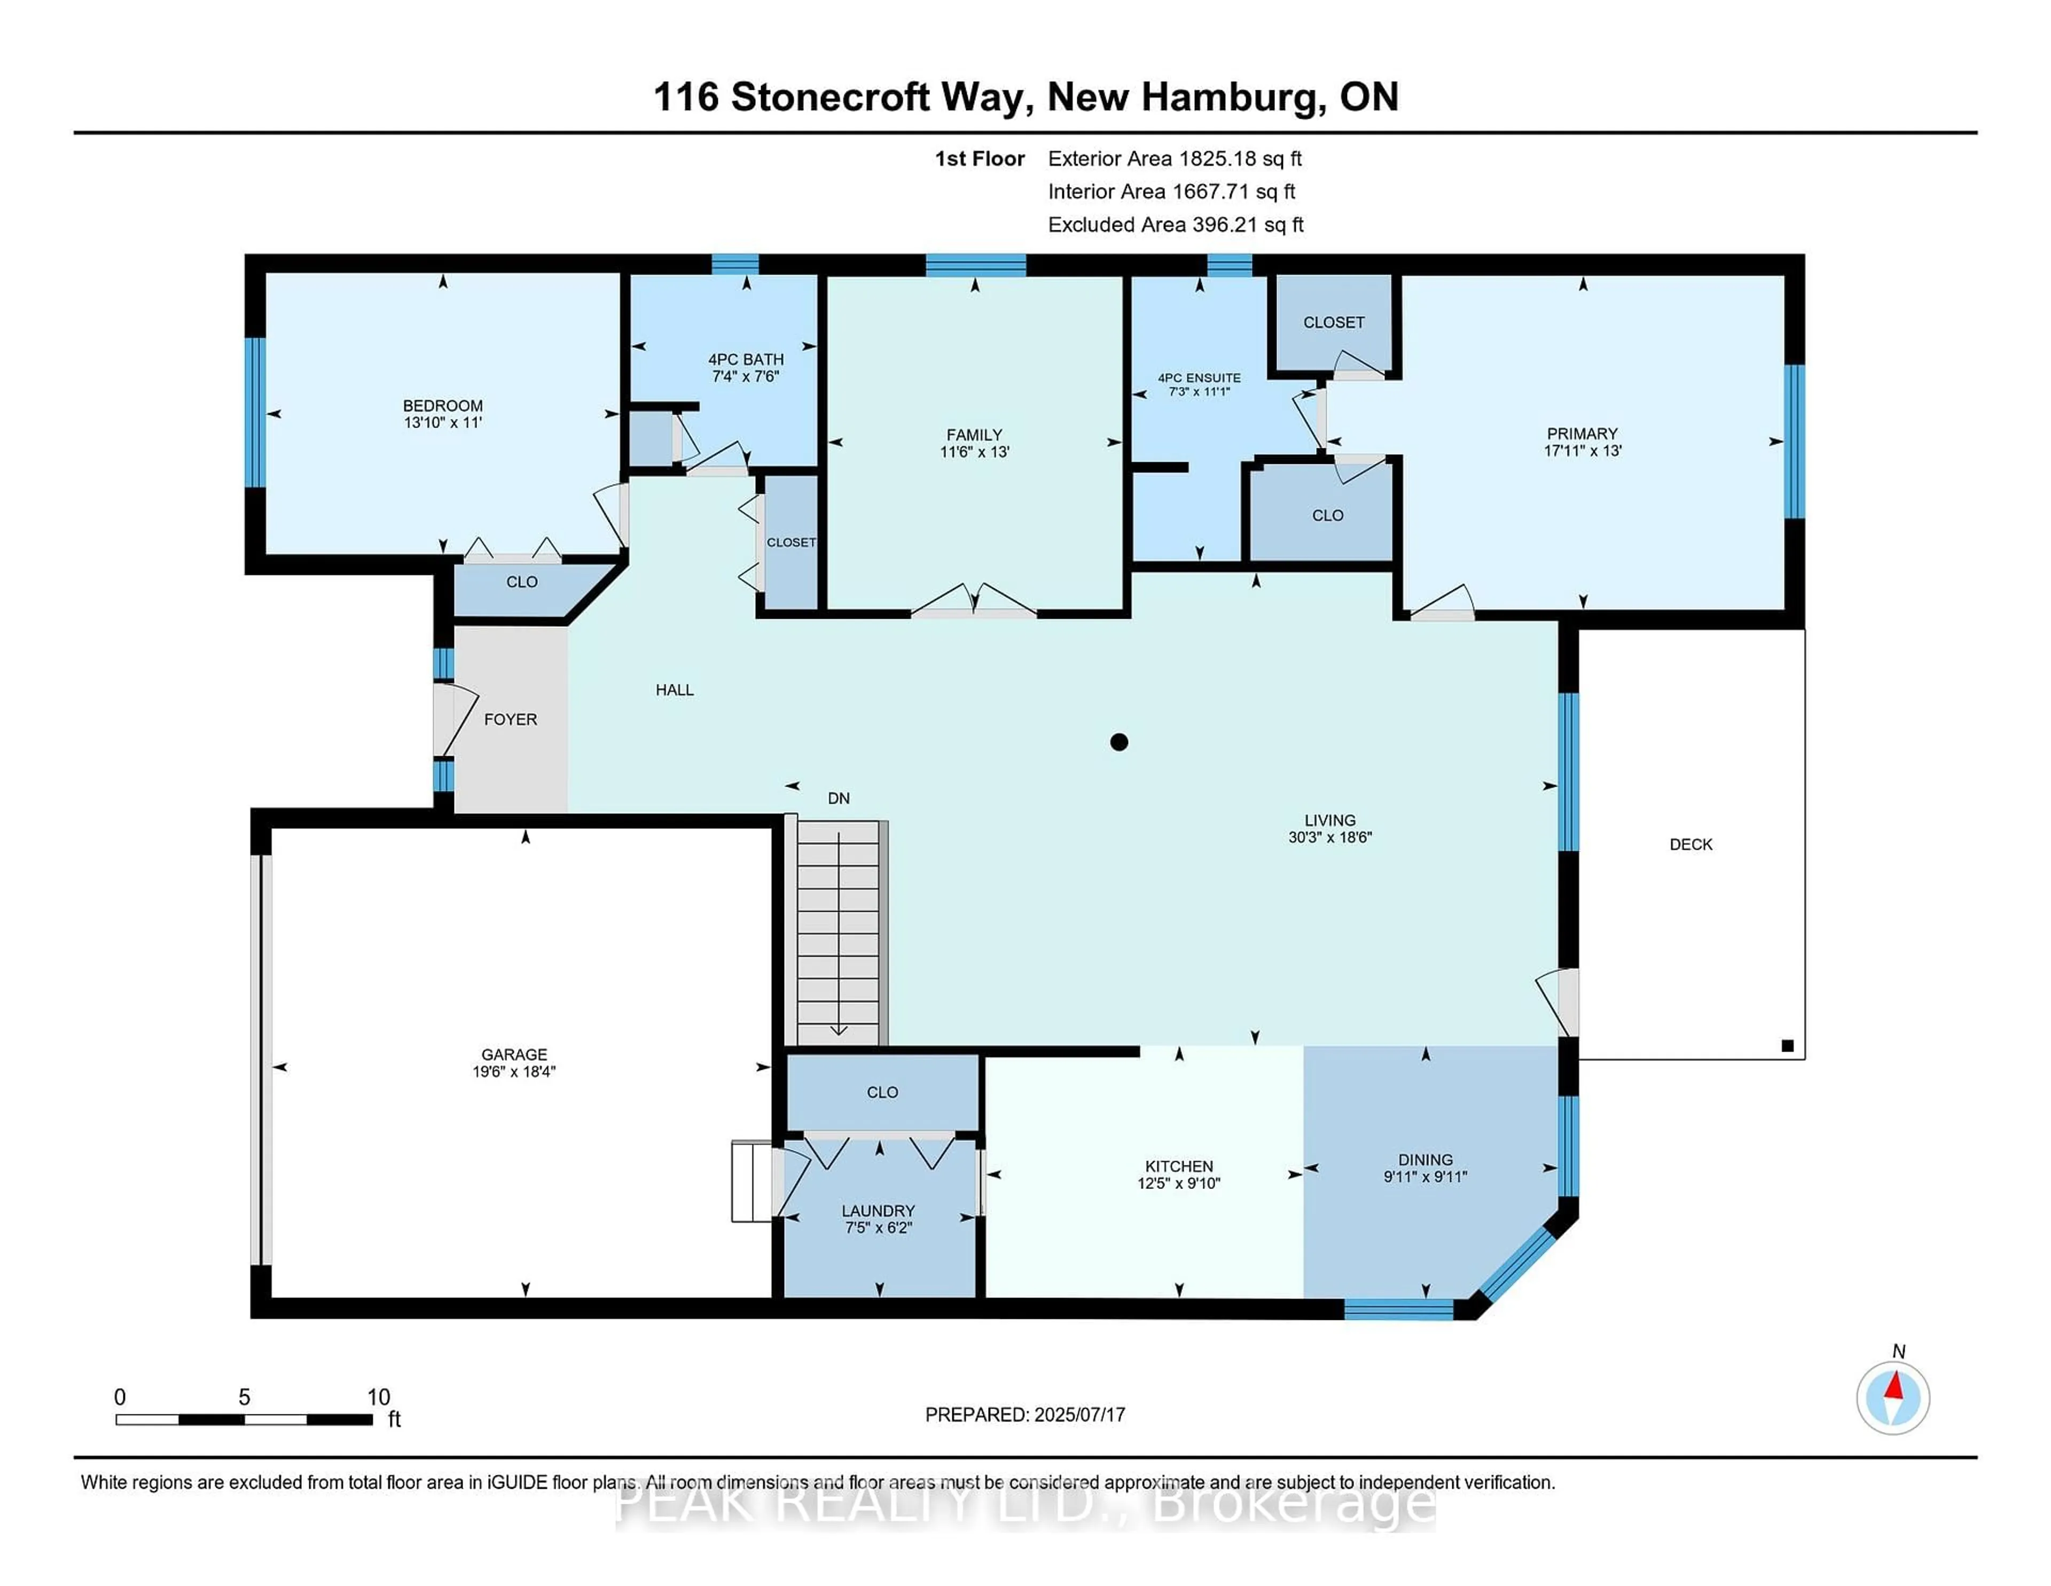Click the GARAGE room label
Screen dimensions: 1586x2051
(x=514, y=1054)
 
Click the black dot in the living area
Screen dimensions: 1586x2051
(x=1118, y=742)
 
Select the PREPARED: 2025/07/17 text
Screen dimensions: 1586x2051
(x=1024, y=1414)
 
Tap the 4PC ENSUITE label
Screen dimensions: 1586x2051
(x=1199, y=378)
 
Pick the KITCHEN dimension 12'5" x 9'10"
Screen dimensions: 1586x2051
(x=1179, y=1184)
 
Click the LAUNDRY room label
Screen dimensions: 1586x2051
(x=878, y=1211)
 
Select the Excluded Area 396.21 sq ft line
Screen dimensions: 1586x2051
(x=1175, y=224)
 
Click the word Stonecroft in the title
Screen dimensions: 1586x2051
(x=829, y=97)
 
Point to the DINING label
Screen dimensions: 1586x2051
(x=1424, y=1160)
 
